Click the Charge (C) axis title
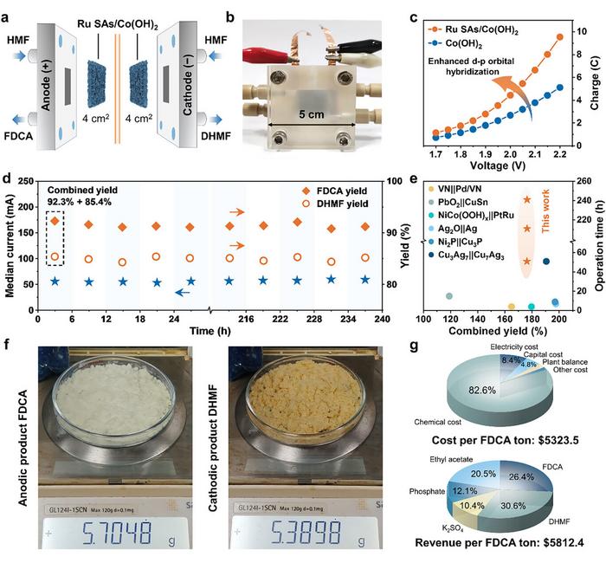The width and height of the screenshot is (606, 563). [x=596, y=86]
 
